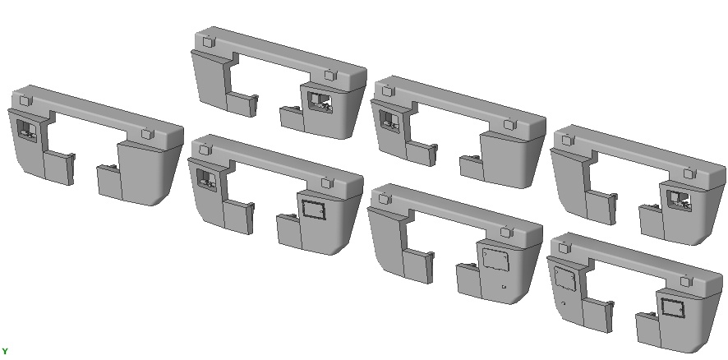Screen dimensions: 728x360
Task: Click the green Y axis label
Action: pyautogui.click(x=4, y=352)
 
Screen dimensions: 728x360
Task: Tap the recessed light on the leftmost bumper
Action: pyautogui.click(x=26, y=131)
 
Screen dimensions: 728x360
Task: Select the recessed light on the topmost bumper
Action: pyautogui.click(x=320, y=103)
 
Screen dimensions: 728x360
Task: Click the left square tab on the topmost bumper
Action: pyautogui.click(x=209, y=42)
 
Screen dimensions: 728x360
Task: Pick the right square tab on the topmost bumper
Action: pyautogui.click(x=329, y=76)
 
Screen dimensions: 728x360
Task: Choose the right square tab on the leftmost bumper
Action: pyautogui.click(x=147, y=134)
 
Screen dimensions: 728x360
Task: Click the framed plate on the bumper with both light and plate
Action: pyautogui.click(x=313, y=210)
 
